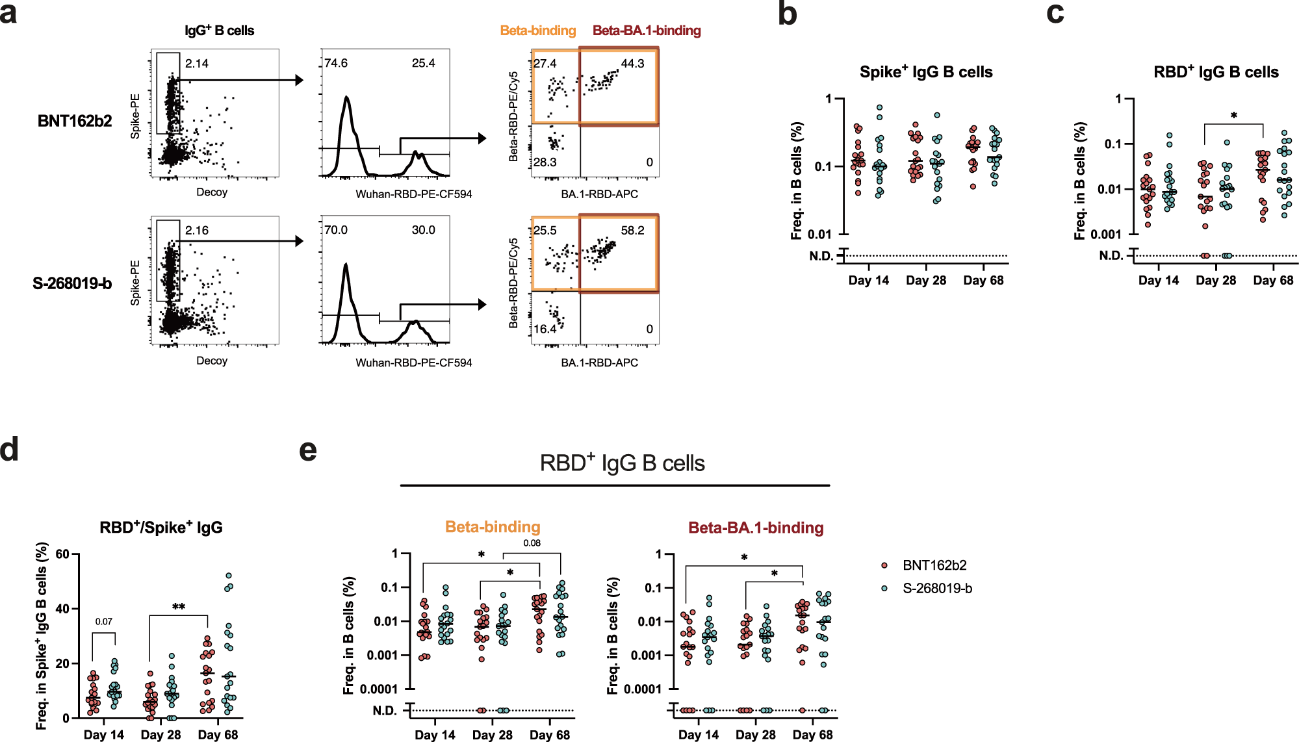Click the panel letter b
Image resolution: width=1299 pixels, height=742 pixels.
[x=787, y=14]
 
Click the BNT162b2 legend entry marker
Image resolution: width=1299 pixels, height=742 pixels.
[x=884, y=565]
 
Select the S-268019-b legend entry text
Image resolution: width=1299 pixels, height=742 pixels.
[x=937, y=589]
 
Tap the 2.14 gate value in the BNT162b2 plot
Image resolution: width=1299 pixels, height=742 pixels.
[x=196, y=64]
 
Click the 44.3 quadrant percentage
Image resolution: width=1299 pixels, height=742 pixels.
[x=632, y=64]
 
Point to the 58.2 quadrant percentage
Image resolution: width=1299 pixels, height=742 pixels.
[x=632, y=231]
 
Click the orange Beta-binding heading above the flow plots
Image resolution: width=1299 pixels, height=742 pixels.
[x=537, y=31]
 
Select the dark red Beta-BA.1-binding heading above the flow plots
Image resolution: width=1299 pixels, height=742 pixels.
[x=647, y=31]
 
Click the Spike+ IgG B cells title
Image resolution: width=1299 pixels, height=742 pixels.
[x=925, y=72]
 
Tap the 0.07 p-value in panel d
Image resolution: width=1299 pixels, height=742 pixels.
[x=103, y=622]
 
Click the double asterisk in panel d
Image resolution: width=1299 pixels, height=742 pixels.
[x=179, y=607]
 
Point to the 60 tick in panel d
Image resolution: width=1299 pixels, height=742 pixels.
[x=62, y=554]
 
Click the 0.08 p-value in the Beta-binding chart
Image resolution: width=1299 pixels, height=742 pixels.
[x=532, y=543]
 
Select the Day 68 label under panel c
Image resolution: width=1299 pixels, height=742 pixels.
[x=1272, y=281]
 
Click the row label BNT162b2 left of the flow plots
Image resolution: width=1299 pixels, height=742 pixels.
[x=74, y=122]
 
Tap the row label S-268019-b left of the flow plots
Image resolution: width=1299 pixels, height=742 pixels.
[x=72, y=284]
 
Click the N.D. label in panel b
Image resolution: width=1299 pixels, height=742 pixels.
[x=821, y=256]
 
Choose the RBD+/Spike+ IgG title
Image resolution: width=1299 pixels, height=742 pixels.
[x=161, y=527]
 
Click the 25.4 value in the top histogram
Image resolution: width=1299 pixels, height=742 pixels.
[x=423, y=64]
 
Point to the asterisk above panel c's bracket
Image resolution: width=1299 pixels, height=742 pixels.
[x=1233, y=116]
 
